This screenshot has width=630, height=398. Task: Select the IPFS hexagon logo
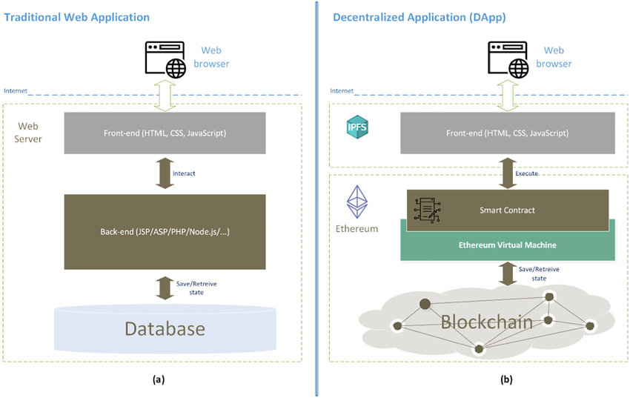[x=358, y=127]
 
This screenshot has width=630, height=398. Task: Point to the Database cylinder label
[x=164, y=328]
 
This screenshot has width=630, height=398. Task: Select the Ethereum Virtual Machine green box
[x=508, y=245]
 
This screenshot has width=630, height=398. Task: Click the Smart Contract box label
[x=508, y=210]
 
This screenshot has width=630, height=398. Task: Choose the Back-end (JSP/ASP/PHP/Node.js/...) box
[x=165, y=233]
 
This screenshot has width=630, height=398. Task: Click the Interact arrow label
[x=185, y=173]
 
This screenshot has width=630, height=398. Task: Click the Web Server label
[x=29, y=133]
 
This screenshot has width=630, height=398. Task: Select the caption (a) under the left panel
[x=158, y=379]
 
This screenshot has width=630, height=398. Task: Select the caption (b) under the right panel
[x=506, y=379]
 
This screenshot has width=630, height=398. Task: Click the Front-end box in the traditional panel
[x=165, y=133]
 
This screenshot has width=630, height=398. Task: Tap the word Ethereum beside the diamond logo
[x=357, y=228]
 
